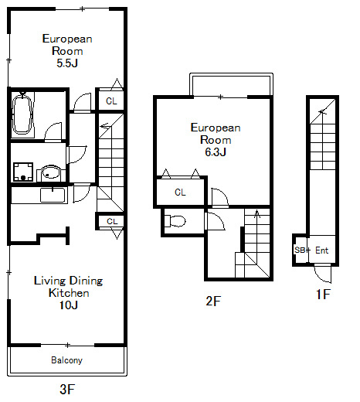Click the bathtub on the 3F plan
point(22,114)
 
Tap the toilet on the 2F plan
point(175,221)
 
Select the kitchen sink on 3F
point(53,195)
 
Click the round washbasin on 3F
point(51,172)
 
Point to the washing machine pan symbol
point(23,172)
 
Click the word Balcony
point(66,360)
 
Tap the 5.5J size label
point(67,63)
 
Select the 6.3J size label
point(216,152)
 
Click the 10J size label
point(69,305)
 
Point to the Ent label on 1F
point(322,250)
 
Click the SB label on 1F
point(300,250)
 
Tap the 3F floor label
point(67,389)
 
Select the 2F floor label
point(213,301)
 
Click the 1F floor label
point(323,294)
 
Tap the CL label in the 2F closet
point(180,192)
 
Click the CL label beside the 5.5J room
point(111,101)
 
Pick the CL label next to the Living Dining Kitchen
point(112,221)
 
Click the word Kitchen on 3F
point(69,293)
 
